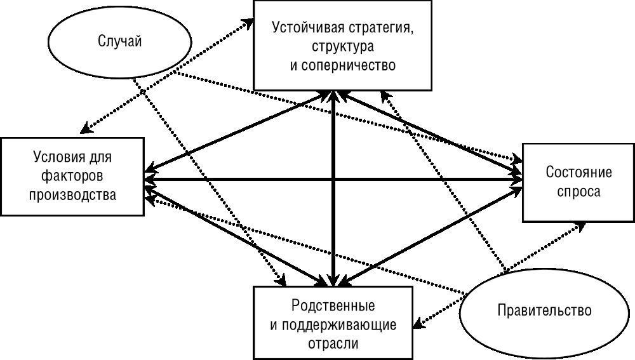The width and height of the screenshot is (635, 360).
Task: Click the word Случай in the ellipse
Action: [x=119, y=42]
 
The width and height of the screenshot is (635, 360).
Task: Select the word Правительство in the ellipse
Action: [x=545, y=310]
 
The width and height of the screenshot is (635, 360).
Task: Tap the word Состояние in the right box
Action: [x=578, y=173]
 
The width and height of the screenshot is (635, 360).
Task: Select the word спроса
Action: [x=578, y=192]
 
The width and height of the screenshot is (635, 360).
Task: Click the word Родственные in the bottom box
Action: [x=333, y=306]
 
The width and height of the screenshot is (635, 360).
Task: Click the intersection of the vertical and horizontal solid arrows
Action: [x=333, y=180]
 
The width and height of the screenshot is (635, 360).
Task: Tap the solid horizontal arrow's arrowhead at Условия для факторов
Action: [x=150, y=180]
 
